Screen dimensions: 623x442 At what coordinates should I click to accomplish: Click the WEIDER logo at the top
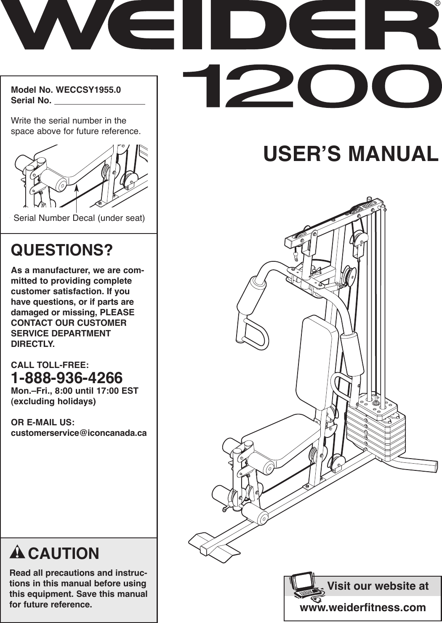coord(219,27)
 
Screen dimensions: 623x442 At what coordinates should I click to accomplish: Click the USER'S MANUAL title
coord(351,154)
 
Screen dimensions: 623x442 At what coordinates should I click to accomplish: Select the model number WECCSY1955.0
coord(88,90)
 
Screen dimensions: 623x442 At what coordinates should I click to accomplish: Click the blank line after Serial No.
coord(100,102)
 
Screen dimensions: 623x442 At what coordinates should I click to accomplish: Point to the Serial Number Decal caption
coord(79,218)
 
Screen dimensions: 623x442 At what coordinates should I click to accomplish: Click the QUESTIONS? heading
coord(62,250)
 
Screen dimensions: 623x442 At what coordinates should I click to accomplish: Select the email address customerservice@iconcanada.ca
coord(79,433)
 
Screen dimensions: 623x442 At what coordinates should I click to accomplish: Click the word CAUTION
coord(64,553)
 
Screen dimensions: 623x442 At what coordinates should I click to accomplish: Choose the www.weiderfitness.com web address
coord(362,607)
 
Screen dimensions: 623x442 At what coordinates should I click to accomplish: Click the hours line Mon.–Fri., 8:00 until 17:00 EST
coord(75,391)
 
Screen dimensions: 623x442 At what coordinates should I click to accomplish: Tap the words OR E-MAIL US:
coord(43,422)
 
